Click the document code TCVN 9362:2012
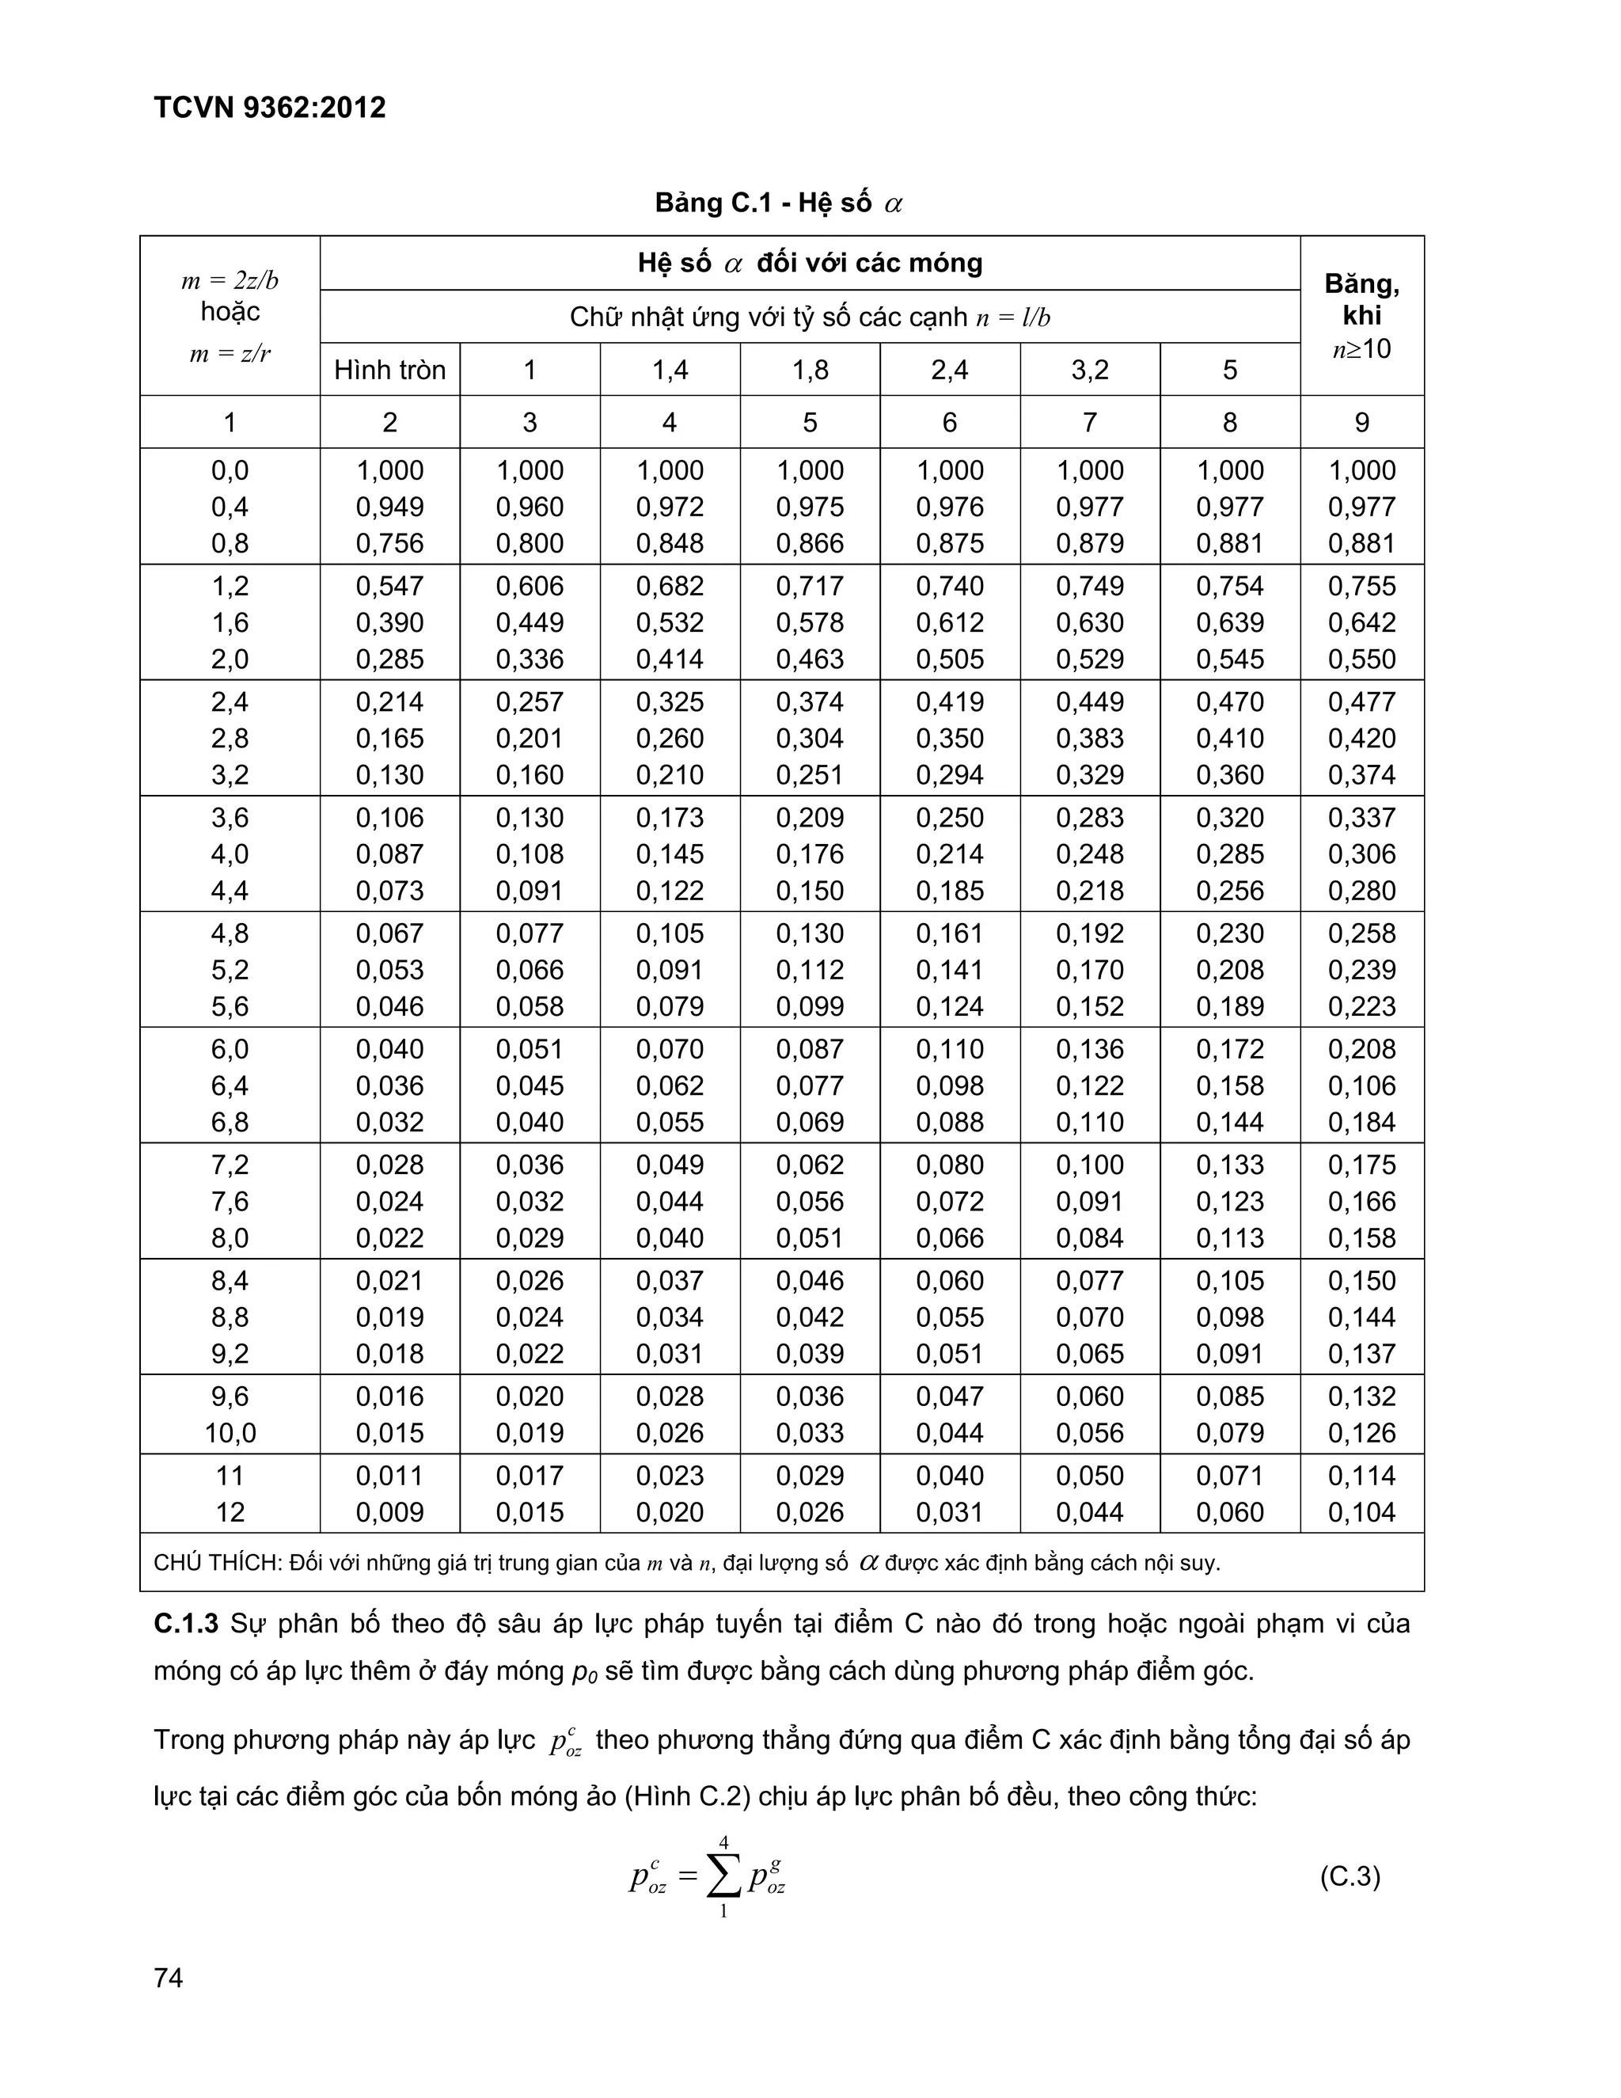pos(269,108)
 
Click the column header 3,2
pos(1089,370)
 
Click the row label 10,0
pos(230,1432)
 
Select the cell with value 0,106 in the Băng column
pos(1361,1085)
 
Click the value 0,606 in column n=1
pos(530,586)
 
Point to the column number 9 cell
pos(1361,422)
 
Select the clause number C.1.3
pos(186,1624)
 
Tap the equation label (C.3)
pos(1350,1876)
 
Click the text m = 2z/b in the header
pos(230,280)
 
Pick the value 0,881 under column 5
pos(1229,544)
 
